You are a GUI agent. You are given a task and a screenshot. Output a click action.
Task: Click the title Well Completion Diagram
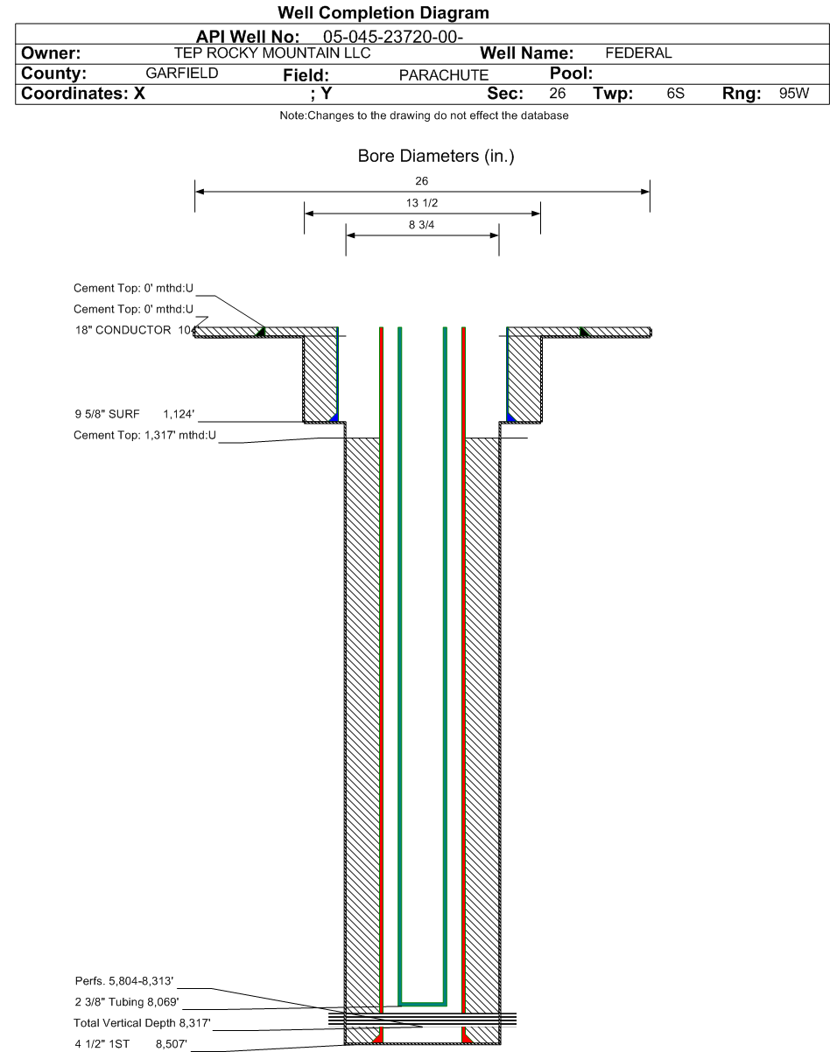point(383,13)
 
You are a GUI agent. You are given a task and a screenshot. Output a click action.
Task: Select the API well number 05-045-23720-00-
point(393,37)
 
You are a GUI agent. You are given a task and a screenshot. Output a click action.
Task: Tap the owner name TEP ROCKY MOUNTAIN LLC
point(272,53)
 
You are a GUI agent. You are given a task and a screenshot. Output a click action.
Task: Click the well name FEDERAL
point(638,53)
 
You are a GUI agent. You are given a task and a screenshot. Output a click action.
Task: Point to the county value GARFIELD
point(182,74)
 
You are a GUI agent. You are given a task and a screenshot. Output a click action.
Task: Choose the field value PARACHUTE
point(444,75)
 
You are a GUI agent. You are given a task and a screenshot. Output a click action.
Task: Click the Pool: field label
point(571,74)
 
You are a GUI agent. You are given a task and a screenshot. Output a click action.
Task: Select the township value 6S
point(675,93)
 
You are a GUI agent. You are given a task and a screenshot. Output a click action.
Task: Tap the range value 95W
point(794,93)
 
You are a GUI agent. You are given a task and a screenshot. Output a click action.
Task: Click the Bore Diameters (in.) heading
point(436,156)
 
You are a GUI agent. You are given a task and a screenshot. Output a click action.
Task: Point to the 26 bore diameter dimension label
point(422,181)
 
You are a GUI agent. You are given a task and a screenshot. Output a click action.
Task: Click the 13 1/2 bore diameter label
point(422,203)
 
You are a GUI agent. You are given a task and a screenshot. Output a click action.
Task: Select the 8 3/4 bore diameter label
point(422,225)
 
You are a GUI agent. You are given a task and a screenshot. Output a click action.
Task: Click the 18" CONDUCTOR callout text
point(123,330)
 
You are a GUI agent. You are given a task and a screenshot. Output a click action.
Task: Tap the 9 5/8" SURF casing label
point(107,414)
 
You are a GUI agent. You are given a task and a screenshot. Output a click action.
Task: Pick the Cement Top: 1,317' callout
point(144,435)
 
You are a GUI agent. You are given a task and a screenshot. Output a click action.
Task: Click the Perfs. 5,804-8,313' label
point(124,980)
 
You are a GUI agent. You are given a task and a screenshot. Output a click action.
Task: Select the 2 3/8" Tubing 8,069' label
point(127,1001)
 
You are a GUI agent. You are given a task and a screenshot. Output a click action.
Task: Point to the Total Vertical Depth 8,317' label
point(142,1022)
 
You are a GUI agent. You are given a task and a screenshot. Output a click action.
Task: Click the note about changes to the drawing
point(424,116)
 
